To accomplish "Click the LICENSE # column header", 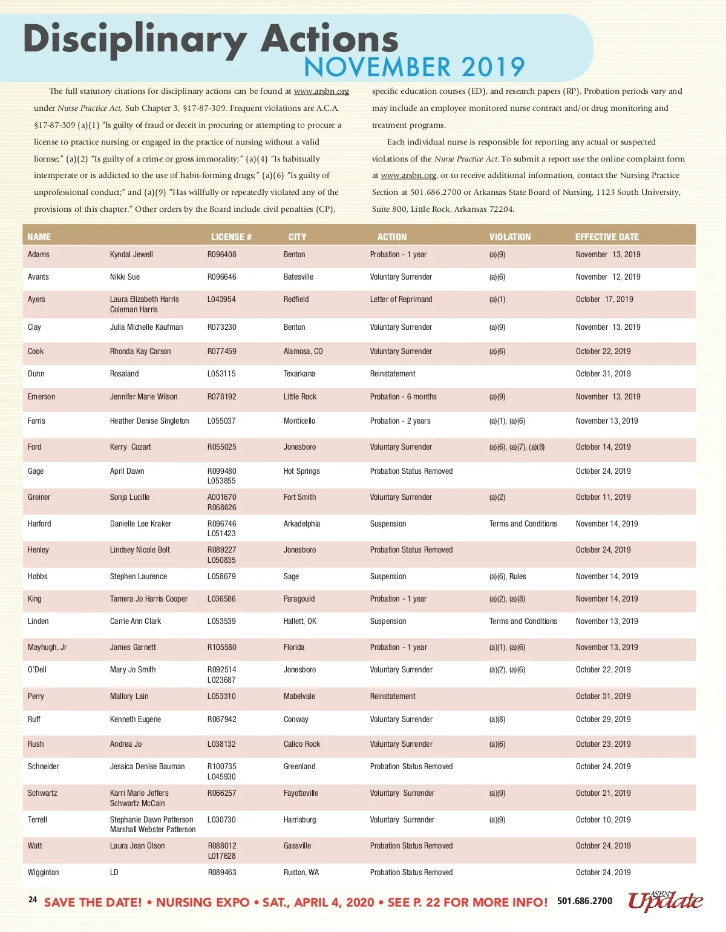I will pyautogui.click(x=231, y=237).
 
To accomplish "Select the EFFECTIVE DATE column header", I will pyautogui.click(x=606, y=237).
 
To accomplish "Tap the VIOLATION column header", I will pyautogui.click(x=509, y=237).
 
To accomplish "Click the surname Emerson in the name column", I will pyautogui.click(x=41, y=397).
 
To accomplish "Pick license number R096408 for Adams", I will pyautogui.click(x=221, y=255).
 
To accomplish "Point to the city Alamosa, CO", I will pyautogui.click(x=302, y=352).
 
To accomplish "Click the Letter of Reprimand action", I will pyautogui.click(x=401, y=300).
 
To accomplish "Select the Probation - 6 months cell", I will pyautogui.click(x=403, y=397).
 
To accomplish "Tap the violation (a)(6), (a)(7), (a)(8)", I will pyautogui.click(x=517, y=447).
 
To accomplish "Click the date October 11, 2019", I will pyautogui.click(x=603, y=497).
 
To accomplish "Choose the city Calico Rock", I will pyautogui.click(x=301, y=744).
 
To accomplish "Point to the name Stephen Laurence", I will pyautogui.click(x=138, y=577).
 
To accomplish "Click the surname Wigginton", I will pyautogui.click(x=43, y=873).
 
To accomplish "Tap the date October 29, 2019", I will pyautogui.click(x=603, y=720).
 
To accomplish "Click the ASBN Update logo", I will pyautogui.click(x=665, y=901).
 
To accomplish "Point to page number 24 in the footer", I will pyautogui.click(x=33, y=900).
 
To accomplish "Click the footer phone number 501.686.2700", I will pyautogui.click(x=584, y=901).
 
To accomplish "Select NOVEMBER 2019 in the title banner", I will pyautogui.click(x=414, y=67).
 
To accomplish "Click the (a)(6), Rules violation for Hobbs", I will pyautogui.click(x=508, y=577).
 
